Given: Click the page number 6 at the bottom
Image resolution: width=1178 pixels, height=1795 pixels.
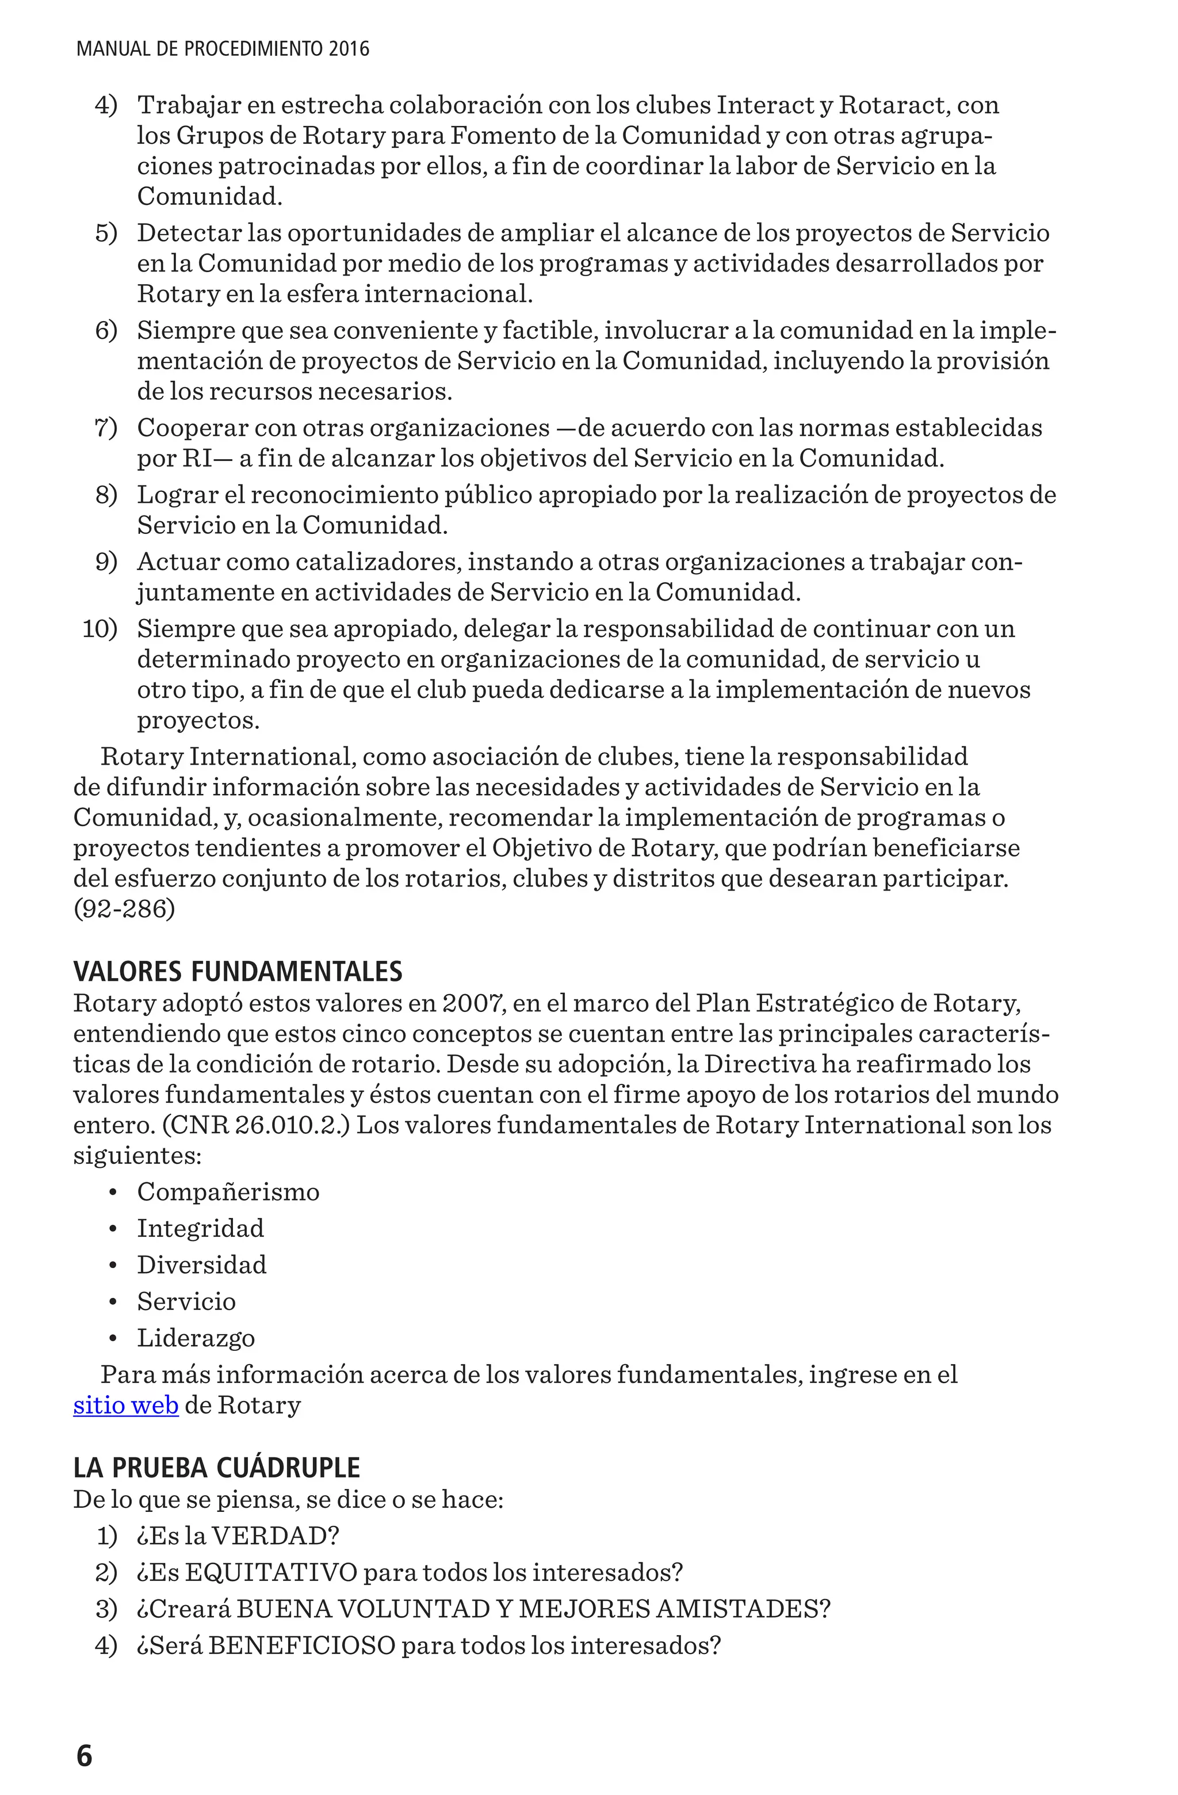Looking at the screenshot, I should (x=84, y=1756).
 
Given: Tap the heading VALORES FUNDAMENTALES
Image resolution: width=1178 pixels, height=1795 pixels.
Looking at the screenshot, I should (x=238, y=971).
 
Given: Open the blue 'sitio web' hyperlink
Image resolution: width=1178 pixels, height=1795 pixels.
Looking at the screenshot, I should (x=125, y=1405).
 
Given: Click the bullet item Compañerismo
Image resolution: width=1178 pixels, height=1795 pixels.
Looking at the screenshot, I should (x=228, y=1191).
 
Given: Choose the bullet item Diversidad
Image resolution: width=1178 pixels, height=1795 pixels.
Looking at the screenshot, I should (x=201, y=1265).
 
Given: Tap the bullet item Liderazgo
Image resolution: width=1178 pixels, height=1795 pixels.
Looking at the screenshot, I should (x=196, y=1338).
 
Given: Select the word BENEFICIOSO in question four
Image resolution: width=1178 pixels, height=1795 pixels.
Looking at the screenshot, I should (x=301, y=1645).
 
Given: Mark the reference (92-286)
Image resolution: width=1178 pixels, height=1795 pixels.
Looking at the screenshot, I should (x=124, y=909).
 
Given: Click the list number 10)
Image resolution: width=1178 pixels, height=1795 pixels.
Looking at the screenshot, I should (x=99, y=629).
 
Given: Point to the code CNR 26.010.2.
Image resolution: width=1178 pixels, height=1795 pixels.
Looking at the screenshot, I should (x=257, y=1125).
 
